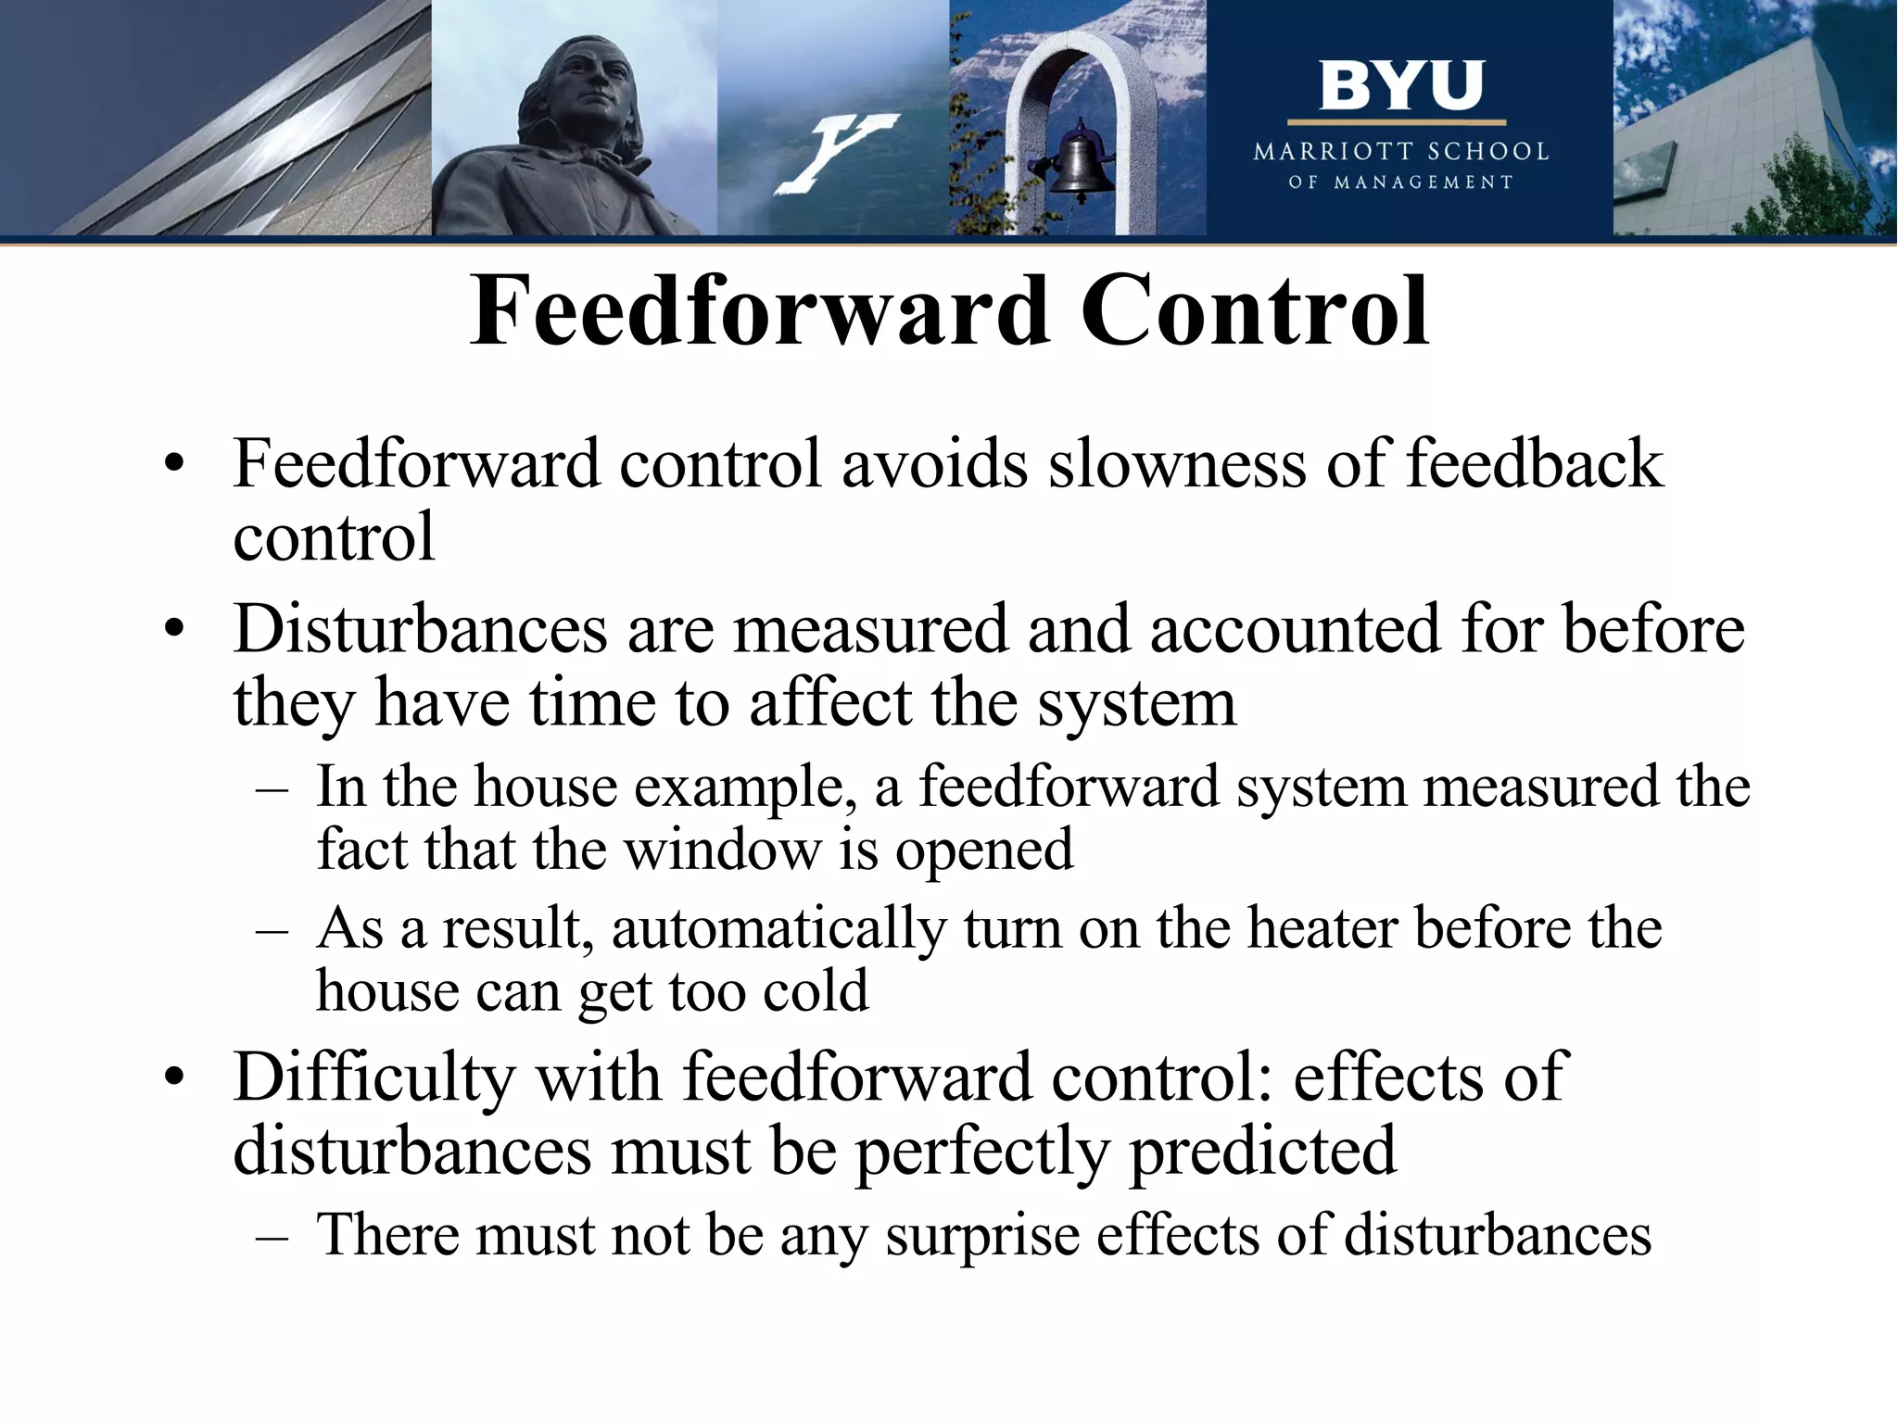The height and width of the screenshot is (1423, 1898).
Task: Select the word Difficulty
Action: coord(373,1077)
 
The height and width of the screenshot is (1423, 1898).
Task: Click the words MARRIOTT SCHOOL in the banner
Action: coord(1401,152)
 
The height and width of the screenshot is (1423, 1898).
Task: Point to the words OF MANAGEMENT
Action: coord(1400,183)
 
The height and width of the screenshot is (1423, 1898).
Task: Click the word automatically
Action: coord(778,930)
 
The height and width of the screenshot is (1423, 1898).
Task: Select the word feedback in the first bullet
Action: coord(1534,463)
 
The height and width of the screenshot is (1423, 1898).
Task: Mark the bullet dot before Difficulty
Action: coord(173,1078)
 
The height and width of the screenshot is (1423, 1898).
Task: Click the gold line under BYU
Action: coord(1397,122)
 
